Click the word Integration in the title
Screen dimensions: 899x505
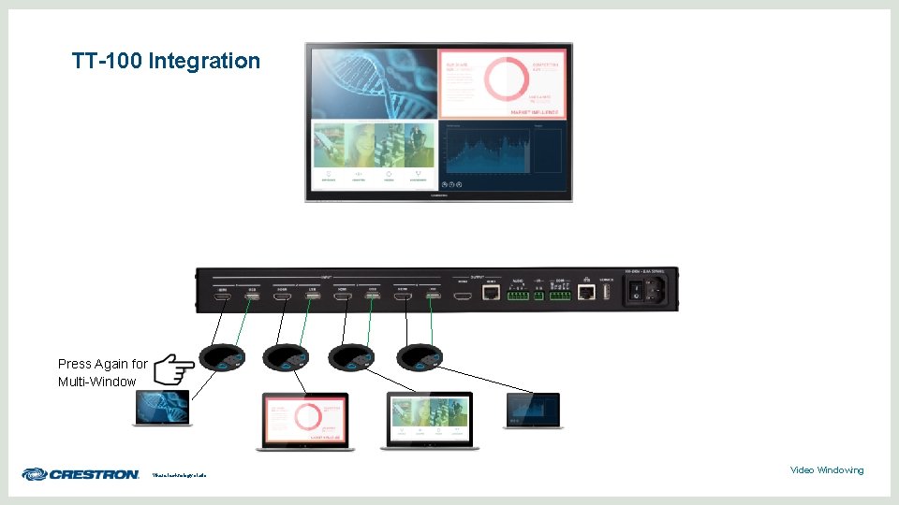click(207, 62)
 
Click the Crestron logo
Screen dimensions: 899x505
click(81, 474)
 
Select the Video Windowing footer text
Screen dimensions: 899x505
click(827, 469)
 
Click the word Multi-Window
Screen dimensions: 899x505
click(96, 382)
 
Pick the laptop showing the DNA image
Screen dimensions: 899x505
click(163, 408)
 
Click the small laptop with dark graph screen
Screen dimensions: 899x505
click(534, 410)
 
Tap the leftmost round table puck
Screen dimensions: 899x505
click(221, 356)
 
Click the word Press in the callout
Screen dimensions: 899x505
click(75, 364)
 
